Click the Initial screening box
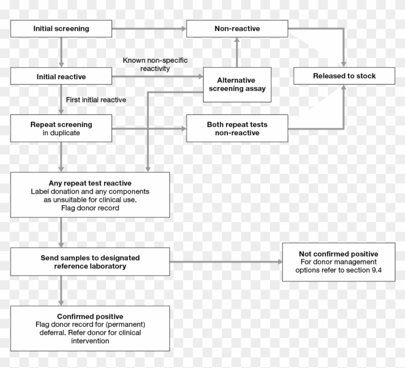point(61,28)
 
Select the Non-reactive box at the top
point(237,28)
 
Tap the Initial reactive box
point(61,76)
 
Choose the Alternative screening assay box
point(236,85)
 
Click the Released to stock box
point(344,76)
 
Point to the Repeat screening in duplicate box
point(61,128)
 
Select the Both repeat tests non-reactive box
point(237,128)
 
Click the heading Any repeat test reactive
point(90,183)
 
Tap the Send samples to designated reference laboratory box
point(90,262)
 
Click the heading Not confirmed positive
point(338,254)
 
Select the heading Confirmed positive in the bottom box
point(90,316)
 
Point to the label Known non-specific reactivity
point(155,64)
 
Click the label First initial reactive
point(95,100)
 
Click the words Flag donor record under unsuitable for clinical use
point(90,208)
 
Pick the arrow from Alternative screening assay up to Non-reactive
point(237,53)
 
